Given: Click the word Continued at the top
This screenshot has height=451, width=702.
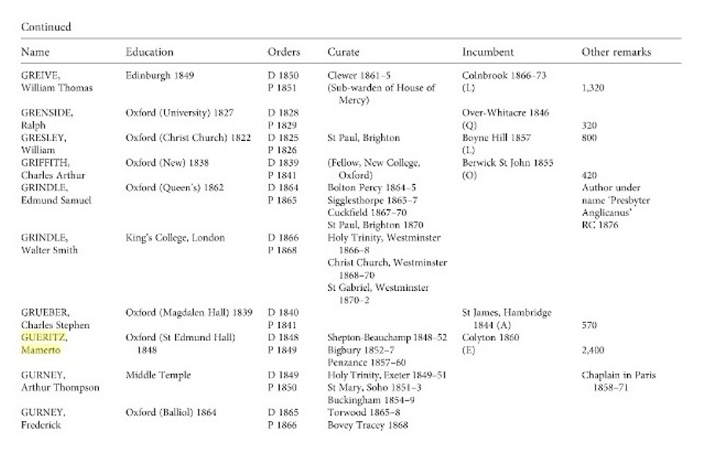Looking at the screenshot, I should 46,27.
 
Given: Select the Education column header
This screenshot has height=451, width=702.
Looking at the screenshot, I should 149,52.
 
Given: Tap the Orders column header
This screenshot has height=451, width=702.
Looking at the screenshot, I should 283,52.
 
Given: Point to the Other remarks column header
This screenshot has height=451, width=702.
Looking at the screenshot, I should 616,52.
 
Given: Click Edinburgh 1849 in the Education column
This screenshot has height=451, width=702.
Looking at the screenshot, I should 159,76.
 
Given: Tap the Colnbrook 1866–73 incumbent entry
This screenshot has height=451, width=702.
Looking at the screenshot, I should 504,76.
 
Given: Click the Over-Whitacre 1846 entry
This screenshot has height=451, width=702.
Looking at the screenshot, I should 505,113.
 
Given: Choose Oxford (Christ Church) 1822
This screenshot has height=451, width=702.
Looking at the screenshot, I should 188,137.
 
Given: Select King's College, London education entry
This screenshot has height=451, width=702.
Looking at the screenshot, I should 175,238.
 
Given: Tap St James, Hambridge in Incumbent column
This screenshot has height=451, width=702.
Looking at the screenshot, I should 507,312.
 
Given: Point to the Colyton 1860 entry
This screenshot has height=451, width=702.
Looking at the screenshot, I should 491,337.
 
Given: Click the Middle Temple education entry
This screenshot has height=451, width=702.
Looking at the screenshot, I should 159,375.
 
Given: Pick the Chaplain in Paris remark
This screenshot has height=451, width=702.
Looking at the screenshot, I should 619,375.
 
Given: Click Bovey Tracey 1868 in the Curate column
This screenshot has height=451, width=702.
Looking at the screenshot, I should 367,425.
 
